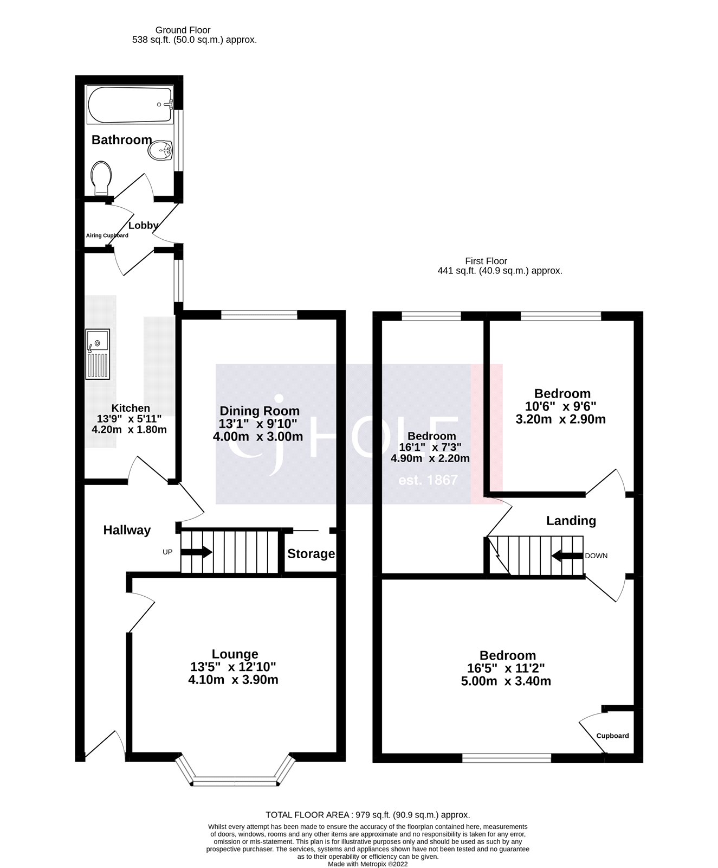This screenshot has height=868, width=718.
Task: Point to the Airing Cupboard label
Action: (x=107, y=235)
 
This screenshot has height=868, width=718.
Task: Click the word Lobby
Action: (x=144, y=225)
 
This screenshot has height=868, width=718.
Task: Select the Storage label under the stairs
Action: (x=311, y=554)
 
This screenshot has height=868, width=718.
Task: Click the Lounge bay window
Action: (x=235, y=782)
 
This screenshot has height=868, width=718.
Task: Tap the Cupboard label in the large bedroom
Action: (x=612, y=736)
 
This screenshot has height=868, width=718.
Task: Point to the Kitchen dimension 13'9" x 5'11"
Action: (x=130, y=419)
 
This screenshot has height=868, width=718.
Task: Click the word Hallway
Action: (x=127, y=531)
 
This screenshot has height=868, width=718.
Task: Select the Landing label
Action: (x=571, y=521)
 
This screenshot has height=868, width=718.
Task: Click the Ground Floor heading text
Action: (x=183, y=30)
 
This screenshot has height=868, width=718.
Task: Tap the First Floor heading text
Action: (x=486, y=261)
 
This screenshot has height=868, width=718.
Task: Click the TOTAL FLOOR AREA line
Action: (x=367, y=814)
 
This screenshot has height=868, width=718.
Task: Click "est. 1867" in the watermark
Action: (x=428, y=480)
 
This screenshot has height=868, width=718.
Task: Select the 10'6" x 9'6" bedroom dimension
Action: (x=562, y=406)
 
